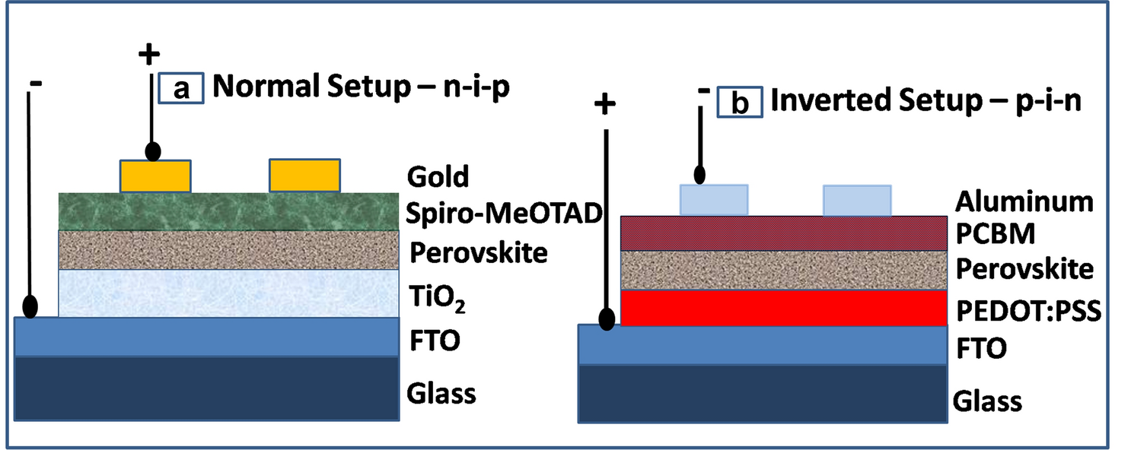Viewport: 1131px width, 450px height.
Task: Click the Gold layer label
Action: pos(438,177)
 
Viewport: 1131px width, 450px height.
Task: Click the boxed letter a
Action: pos(181,88)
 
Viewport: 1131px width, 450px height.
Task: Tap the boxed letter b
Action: pos(739,103)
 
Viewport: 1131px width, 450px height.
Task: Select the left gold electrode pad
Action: pos(155,176)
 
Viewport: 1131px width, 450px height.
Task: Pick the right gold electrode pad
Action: pos(304,176)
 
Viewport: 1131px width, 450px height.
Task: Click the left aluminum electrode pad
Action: pos(713,200)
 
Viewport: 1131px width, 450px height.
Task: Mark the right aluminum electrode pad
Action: pos(857,200)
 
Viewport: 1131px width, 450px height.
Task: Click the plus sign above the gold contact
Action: pos(151,54)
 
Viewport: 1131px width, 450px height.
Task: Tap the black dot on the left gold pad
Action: pos(152,151)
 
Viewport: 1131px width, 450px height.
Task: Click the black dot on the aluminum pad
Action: pos(698,175)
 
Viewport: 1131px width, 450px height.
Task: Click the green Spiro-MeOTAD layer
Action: pos(228,211)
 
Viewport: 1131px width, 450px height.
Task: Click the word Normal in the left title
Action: pos(256,87)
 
